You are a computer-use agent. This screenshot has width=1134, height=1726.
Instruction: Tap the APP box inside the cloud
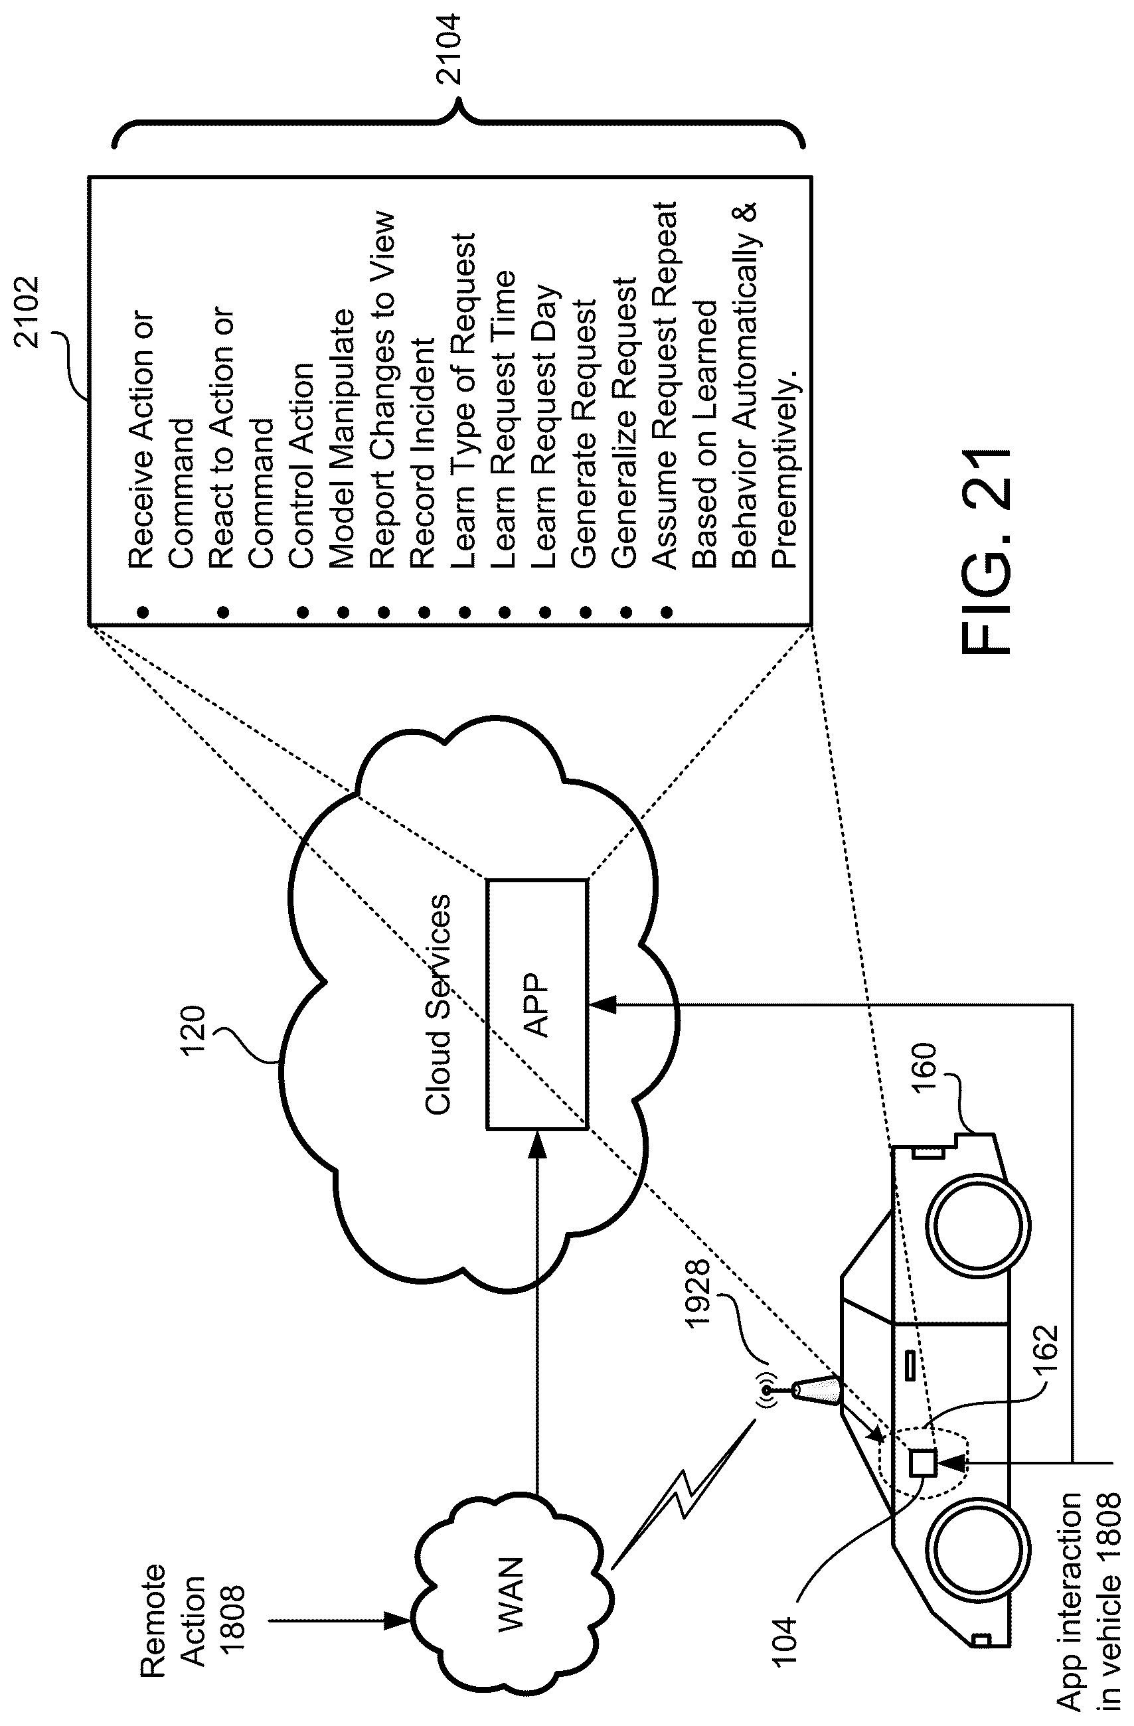(x=537, y=1004)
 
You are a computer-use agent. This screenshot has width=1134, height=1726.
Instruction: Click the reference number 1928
(x=700, y=1294)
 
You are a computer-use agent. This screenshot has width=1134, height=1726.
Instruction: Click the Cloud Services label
(x=438, y=1004)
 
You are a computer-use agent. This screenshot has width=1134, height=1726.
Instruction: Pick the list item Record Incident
(x=422, y=453)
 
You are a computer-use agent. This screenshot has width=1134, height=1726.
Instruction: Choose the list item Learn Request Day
(x=544, y=428)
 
